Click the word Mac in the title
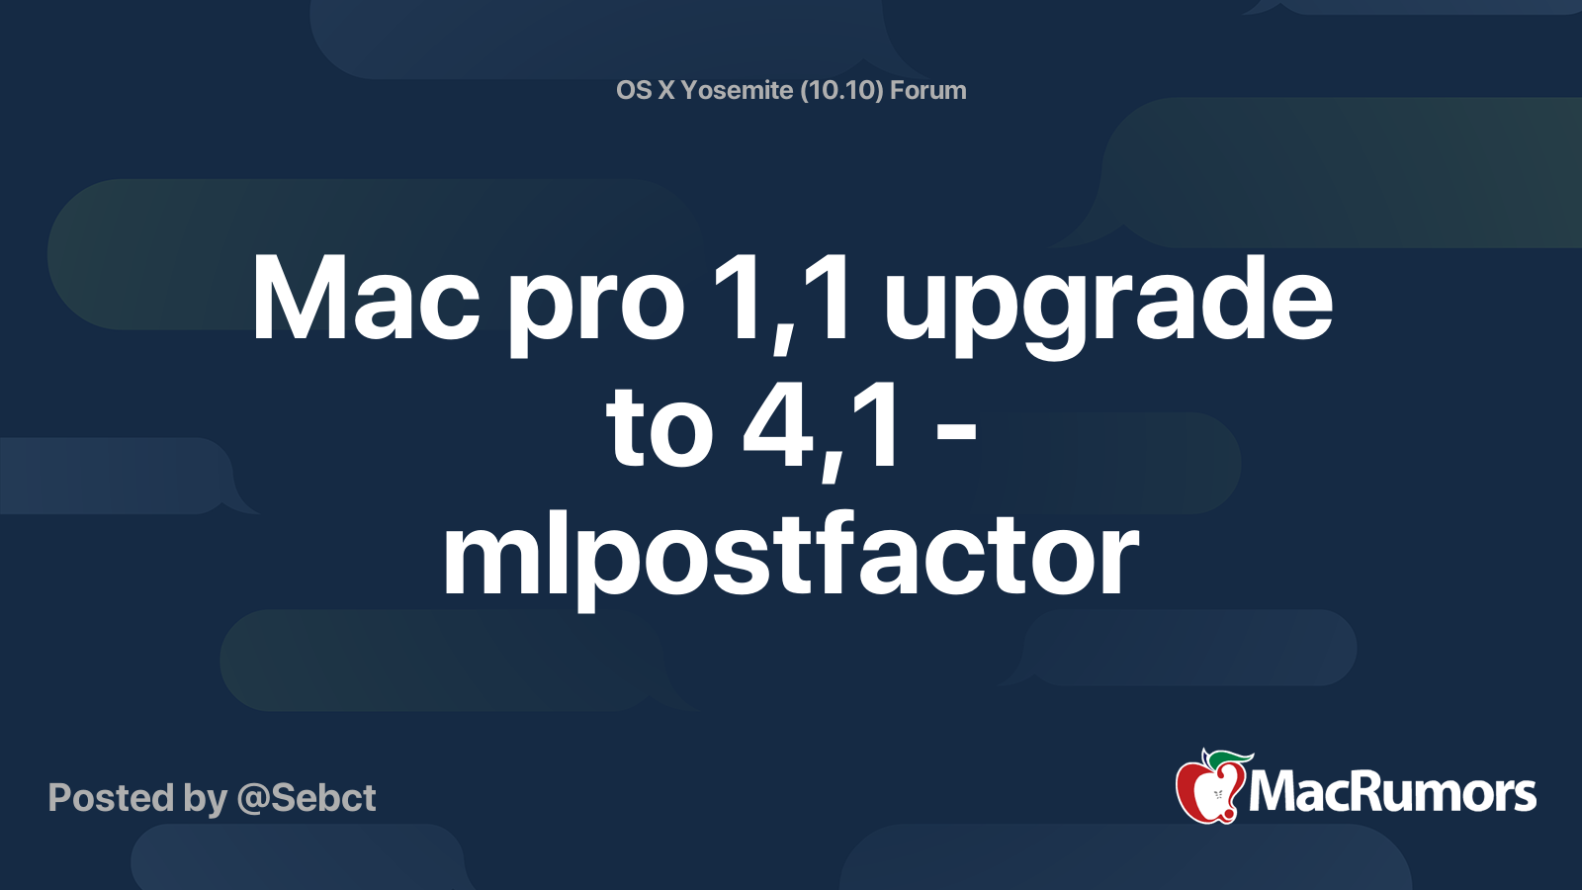366,300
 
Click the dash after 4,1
955,432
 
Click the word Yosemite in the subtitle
737,90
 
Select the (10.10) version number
841,90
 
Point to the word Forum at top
927,90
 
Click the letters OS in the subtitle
634,90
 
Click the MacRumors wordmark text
1392,792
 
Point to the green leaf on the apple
1226,758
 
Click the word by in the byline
205,799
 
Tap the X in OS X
667,90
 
